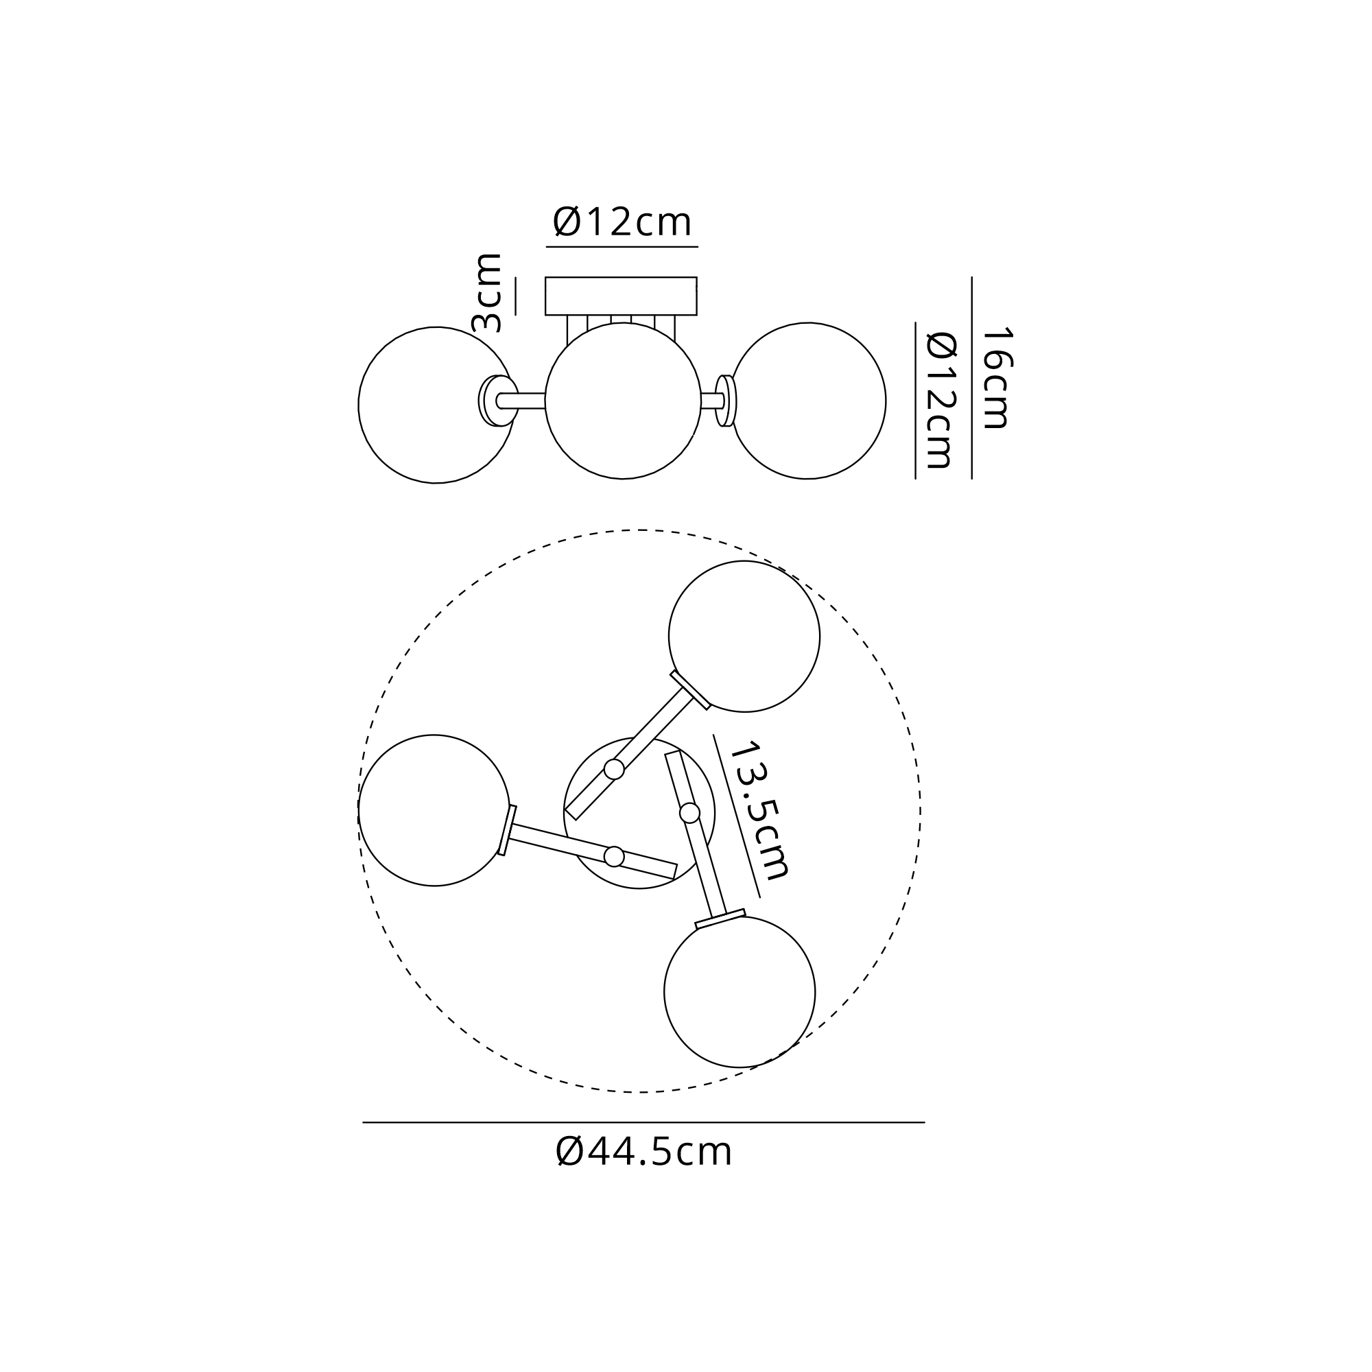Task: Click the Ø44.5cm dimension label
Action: pyautogui.click(x=643, y=1152)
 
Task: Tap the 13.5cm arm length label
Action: pyautogui.click(x=759, y=810)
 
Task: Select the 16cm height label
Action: pyautogui.click(x=996, y=377)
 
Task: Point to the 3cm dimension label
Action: pyautogui.click(x=487, y=293)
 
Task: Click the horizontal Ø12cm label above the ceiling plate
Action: pyautogui.click(x=622, y=222)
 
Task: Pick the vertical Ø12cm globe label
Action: pyautogui.click(x=942, y=401)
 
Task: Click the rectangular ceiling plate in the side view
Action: pyautogui.click(x=621, y=296)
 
